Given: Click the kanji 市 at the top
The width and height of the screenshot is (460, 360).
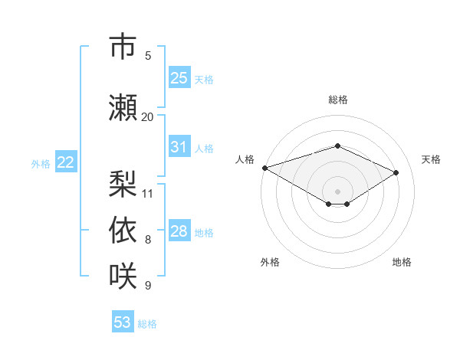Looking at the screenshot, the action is click(x=123, y=46).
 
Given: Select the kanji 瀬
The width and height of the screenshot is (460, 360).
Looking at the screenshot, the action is click(x=123, y=107).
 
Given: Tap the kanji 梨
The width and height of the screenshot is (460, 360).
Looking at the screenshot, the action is click(x=123, y=184).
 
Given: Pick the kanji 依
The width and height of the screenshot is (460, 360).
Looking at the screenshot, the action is click(x=123, y=230).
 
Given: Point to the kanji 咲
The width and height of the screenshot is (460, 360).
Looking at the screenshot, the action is click(x=123, y=276).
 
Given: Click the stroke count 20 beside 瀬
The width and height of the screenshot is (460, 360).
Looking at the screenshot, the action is click(x=147, y=117).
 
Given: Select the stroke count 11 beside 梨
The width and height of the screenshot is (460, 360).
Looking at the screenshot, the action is click(x=147, y=194).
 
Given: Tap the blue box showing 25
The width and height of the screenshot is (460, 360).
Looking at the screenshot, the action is click(x=179, y=77).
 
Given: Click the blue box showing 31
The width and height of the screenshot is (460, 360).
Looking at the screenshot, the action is click(x=179, y=146).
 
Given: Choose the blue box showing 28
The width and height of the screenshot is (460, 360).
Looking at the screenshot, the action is click(x=179, y=230).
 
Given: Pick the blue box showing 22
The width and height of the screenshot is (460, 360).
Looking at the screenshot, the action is click(x=66, y=162).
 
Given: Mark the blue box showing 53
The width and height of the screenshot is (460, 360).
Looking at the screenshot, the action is click(x=123, y=321).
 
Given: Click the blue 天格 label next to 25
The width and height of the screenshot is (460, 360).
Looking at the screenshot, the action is click(x=204, y=80).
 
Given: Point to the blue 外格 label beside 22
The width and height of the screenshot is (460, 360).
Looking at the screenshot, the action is click(x=41, y=164).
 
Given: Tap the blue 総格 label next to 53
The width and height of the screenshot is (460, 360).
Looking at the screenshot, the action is click(x=147, y=324).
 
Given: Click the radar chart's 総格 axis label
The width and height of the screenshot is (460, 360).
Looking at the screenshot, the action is click(x=338, y=100).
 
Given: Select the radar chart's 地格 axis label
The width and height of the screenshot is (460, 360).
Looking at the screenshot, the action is click(x=402, y=262).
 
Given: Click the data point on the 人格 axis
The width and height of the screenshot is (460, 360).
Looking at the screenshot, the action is click(x=265, y=168).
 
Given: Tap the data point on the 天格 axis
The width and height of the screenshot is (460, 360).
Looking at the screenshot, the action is click(x=396, y=172).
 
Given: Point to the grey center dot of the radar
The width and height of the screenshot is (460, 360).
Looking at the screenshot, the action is click(x=337, y=191).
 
